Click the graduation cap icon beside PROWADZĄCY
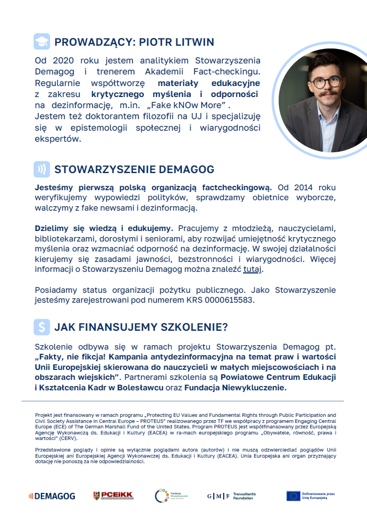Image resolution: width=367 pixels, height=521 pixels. [41, 42]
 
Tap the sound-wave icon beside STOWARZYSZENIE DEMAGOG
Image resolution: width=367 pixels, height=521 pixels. [41, 169]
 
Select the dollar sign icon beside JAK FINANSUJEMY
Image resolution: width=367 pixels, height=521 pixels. [41, 327]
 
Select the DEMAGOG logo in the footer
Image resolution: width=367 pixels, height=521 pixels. [52, 496]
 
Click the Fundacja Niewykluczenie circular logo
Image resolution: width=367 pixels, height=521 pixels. [162, 496]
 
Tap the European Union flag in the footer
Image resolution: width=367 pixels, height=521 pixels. [293, 496]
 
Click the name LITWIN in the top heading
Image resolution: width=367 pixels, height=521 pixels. [193, 42]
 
